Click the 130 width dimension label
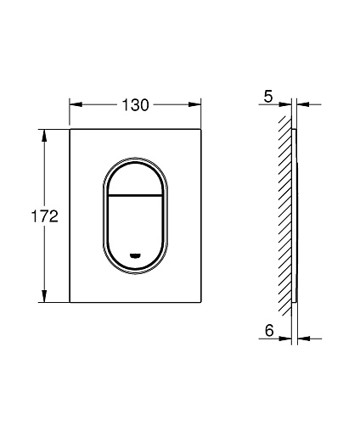click(x=135, y=105)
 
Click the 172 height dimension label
click(x=44, y=216)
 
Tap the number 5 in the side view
click(x=268, y=97)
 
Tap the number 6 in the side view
click(x=269, y=330)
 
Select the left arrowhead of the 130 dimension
click(x=76, y=104)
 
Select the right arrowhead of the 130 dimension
click(x=194, y=104)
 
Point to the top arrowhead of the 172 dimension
click(x=44, y=136)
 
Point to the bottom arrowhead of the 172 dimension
click(x=44, y=296)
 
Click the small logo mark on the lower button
click(x=135, y=256)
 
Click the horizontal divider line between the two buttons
click(x=135, y=195)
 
